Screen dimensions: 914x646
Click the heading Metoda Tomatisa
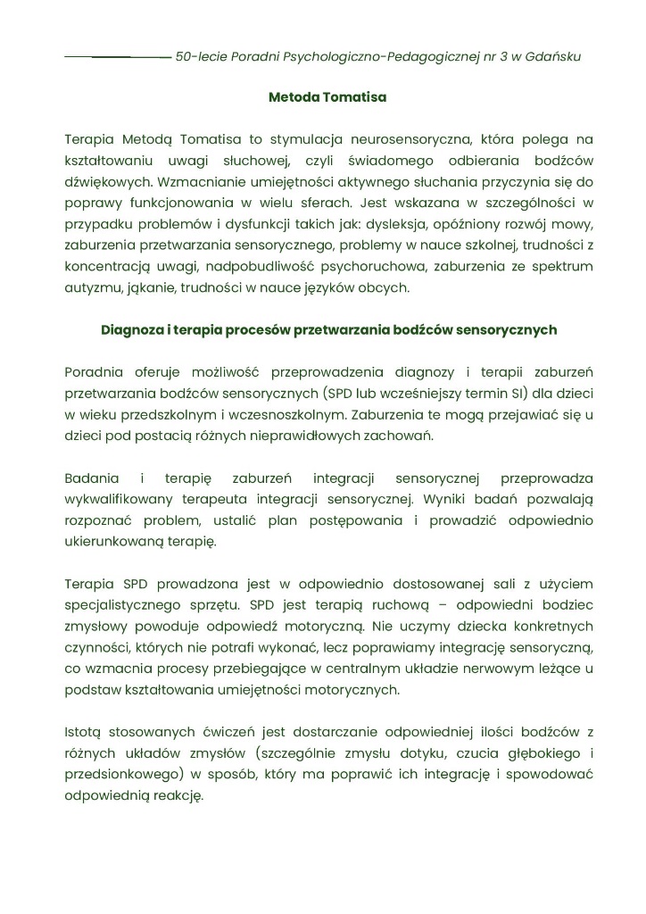[x=327, y=96]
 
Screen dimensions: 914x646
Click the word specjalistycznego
[x=127, y=606]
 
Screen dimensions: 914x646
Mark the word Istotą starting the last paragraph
[x=85, y=733]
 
